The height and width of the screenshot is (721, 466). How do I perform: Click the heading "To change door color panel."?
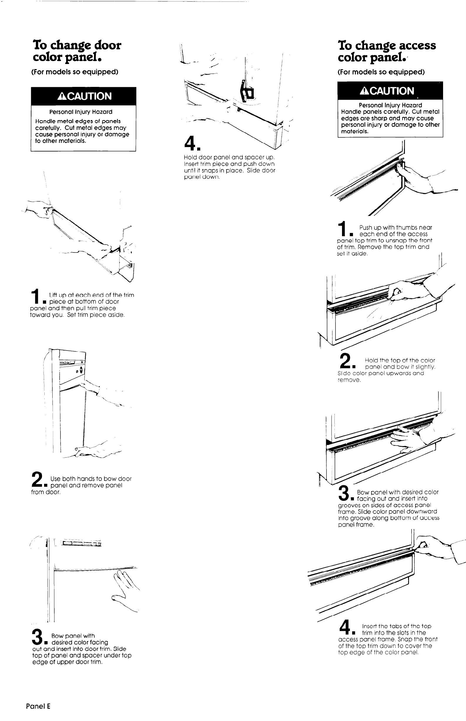[77, 51]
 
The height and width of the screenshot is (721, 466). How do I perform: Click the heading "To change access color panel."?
[387, 51]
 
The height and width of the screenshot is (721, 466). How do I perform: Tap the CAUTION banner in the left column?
[83, 96]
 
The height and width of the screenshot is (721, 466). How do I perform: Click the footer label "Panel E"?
[38, 706]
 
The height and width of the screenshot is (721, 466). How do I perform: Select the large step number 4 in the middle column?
[191, 143]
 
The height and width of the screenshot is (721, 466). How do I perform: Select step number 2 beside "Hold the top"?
[345, 361]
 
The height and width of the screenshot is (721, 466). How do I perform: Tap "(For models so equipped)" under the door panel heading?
[75, 72]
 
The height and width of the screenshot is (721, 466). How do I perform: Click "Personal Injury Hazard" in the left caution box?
[81, 112]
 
